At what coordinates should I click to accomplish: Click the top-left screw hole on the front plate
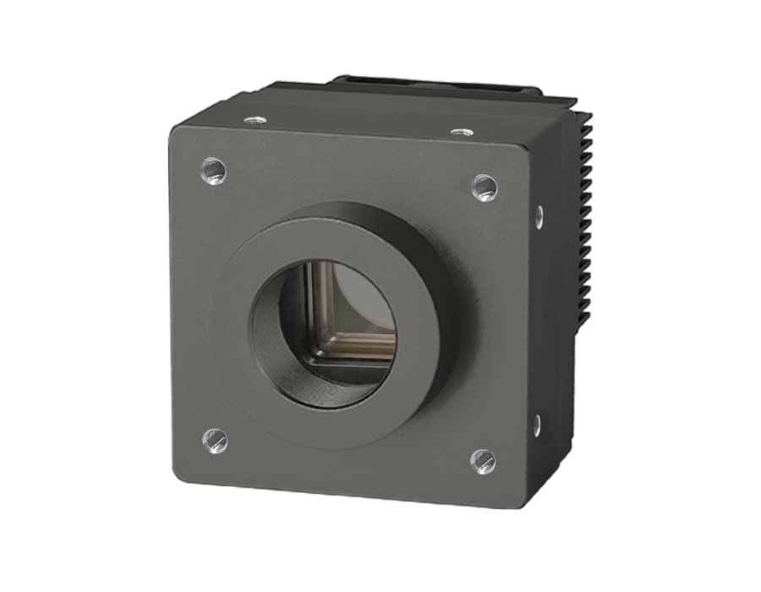(x=215, y=173)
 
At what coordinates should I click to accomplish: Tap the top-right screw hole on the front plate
(x=483, y=184)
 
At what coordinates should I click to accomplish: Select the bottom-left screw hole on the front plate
(x=215, y=439)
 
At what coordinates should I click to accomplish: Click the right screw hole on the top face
(x=459, y=131)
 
